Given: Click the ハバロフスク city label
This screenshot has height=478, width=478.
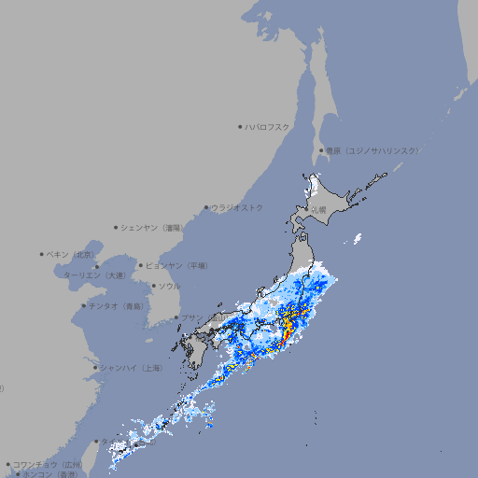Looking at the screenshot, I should (x=268, y=127).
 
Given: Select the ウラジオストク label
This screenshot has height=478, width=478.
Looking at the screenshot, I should (x=237, y=207).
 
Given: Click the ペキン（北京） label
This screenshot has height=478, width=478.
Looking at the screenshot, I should (x=73, y=254).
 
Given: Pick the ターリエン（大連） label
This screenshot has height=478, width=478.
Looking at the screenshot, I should (x=93, y=275).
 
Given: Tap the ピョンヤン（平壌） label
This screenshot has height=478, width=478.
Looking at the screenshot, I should (x=177, y=265).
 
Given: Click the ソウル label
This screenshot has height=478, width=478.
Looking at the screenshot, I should (x=169, y=286).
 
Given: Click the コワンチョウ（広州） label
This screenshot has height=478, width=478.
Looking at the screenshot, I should (x=47, y=464).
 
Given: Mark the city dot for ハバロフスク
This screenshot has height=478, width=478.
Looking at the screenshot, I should (x=240, y=127).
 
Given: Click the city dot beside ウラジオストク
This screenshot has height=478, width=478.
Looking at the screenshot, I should (x=206, y=207).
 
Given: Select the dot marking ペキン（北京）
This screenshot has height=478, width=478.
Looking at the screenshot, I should (x=42, y=254).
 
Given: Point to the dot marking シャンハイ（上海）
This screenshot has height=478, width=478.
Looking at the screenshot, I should (x=95, y=368).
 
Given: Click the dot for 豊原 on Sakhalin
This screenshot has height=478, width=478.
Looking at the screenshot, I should (x=321, y=150).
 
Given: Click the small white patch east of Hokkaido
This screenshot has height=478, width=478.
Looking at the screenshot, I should (x=357, y=240).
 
